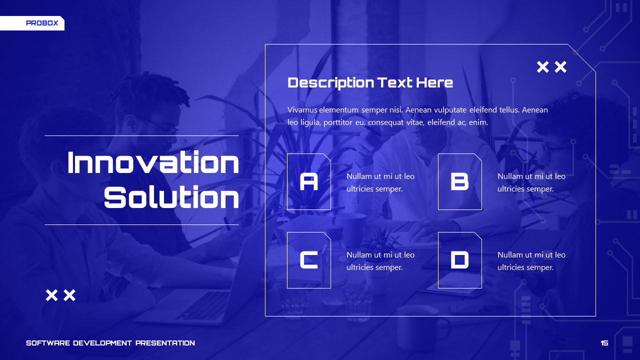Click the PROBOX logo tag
point(42,23)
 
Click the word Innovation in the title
point(153,163)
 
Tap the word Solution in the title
point(171,197)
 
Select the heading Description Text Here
point(370,82)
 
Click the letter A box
point(309,181)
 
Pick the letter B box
point(460,181)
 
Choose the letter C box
point(309,260)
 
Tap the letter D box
point(460,260)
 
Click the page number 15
point(604,343)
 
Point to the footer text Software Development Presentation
point(110,343)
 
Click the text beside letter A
point(380,182)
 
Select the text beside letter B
point(531,182)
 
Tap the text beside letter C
point(380,261)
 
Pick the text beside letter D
point(531,261)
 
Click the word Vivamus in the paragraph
point(302,110)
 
